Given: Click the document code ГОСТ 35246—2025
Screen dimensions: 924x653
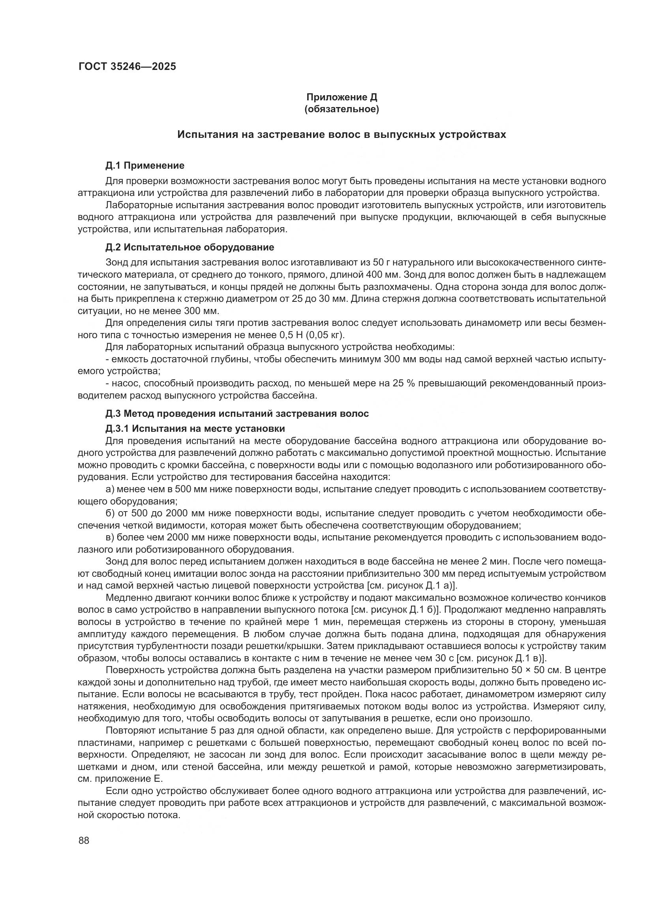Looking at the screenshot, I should coord(127,67).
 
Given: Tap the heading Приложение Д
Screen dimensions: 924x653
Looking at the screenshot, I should coord(342,98).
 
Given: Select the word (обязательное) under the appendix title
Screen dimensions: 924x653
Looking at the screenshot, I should coord(342,109).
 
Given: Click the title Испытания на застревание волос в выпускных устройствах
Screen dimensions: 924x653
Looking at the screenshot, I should coord(342,135).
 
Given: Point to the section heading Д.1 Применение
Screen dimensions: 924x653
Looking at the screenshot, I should coord(145,166).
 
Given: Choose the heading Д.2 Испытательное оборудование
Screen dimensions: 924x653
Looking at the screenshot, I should coord(190,247).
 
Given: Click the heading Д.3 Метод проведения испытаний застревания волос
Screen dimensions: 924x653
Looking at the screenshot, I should coord(237,414).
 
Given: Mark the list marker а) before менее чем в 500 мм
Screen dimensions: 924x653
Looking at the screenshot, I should coord(110,489).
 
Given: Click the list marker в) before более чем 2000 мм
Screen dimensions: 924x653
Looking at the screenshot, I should coord(110,537).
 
